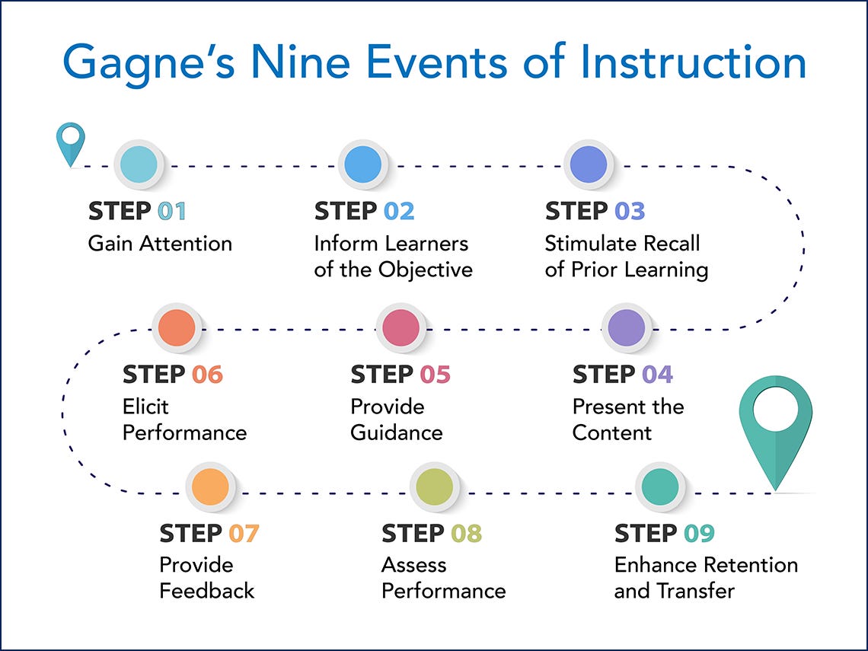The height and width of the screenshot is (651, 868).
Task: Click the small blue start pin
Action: pyautogui.click(x=71, y=144)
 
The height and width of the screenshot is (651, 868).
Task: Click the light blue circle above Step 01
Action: pyautogui.click(x=139, y=164)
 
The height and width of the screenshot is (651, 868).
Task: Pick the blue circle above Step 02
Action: pyautogui.click(x=363, y=164)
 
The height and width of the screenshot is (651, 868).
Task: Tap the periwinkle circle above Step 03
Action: pyautogui.click(x=589, y=164)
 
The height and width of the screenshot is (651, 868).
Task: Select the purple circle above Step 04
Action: pyautogui.click(x=627, y=327)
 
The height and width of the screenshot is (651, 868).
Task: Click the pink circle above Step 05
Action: pyautogui.click(x=400, y=327)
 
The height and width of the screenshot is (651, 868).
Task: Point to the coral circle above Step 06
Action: pyautogui.click(x=177, y=327)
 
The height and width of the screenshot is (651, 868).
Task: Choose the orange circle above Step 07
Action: pyautogui.click(x=210, y=487)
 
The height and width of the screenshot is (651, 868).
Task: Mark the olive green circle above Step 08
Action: pyautogui.click(x=435, y=487)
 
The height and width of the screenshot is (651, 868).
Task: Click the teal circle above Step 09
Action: pyautogui.click(x=660, y=487)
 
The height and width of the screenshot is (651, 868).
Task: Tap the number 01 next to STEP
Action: pyautogui.click(x=171, y=211)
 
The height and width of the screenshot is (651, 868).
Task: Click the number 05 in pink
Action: pyautogui.click(x=435, y=374)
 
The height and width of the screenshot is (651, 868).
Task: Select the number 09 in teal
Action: pyautogui.click(x=699, y=533)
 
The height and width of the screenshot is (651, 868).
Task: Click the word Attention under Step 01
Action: pyautogui.click(x=186, y=244)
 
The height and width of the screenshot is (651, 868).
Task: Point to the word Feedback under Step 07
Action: pyautogui.click(x=207, y=591)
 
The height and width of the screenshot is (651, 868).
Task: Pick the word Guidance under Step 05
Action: pyautogui.click(x=397, y=433)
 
